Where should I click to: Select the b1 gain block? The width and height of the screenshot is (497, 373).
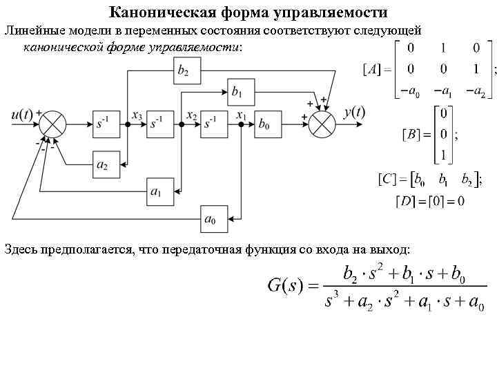pyautogui.click(x=237, y=91)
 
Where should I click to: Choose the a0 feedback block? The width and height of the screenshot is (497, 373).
pyautogui.click(x=211, y=220)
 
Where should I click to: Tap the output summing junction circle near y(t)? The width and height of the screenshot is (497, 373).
pyautogui.click(x=320, y=124)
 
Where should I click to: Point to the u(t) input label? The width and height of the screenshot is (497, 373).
pyautogui.click(x=22, y=113)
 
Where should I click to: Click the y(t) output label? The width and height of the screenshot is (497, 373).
pyautogui.click(x=354, y=112)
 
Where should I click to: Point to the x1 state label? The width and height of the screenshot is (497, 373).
pyautogui.click(x=242, y=115)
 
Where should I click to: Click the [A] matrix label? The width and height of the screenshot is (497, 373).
pyautogui.click(x=371, y=70)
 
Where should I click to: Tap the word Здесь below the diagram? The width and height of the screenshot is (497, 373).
pyautogui.click(x=21, y=248)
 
